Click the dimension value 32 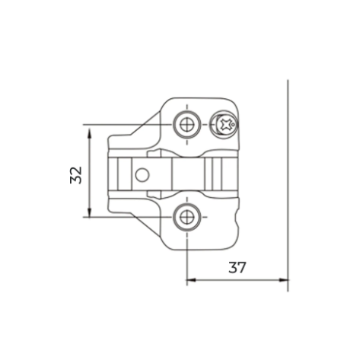tap(76, 175)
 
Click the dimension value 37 tap(237, 267)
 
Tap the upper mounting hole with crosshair tap(187, 124)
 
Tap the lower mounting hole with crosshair tap(187, 217)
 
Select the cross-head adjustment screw tap(224, 124)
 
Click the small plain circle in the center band tap(142, 175)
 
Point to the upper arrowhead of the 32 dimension tap(89, 132)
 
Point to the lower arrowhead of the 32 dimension tap(89, 212)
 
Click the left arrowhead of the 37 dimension tap(191, 280)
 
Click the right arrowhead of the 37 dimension tap(284, 280)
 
